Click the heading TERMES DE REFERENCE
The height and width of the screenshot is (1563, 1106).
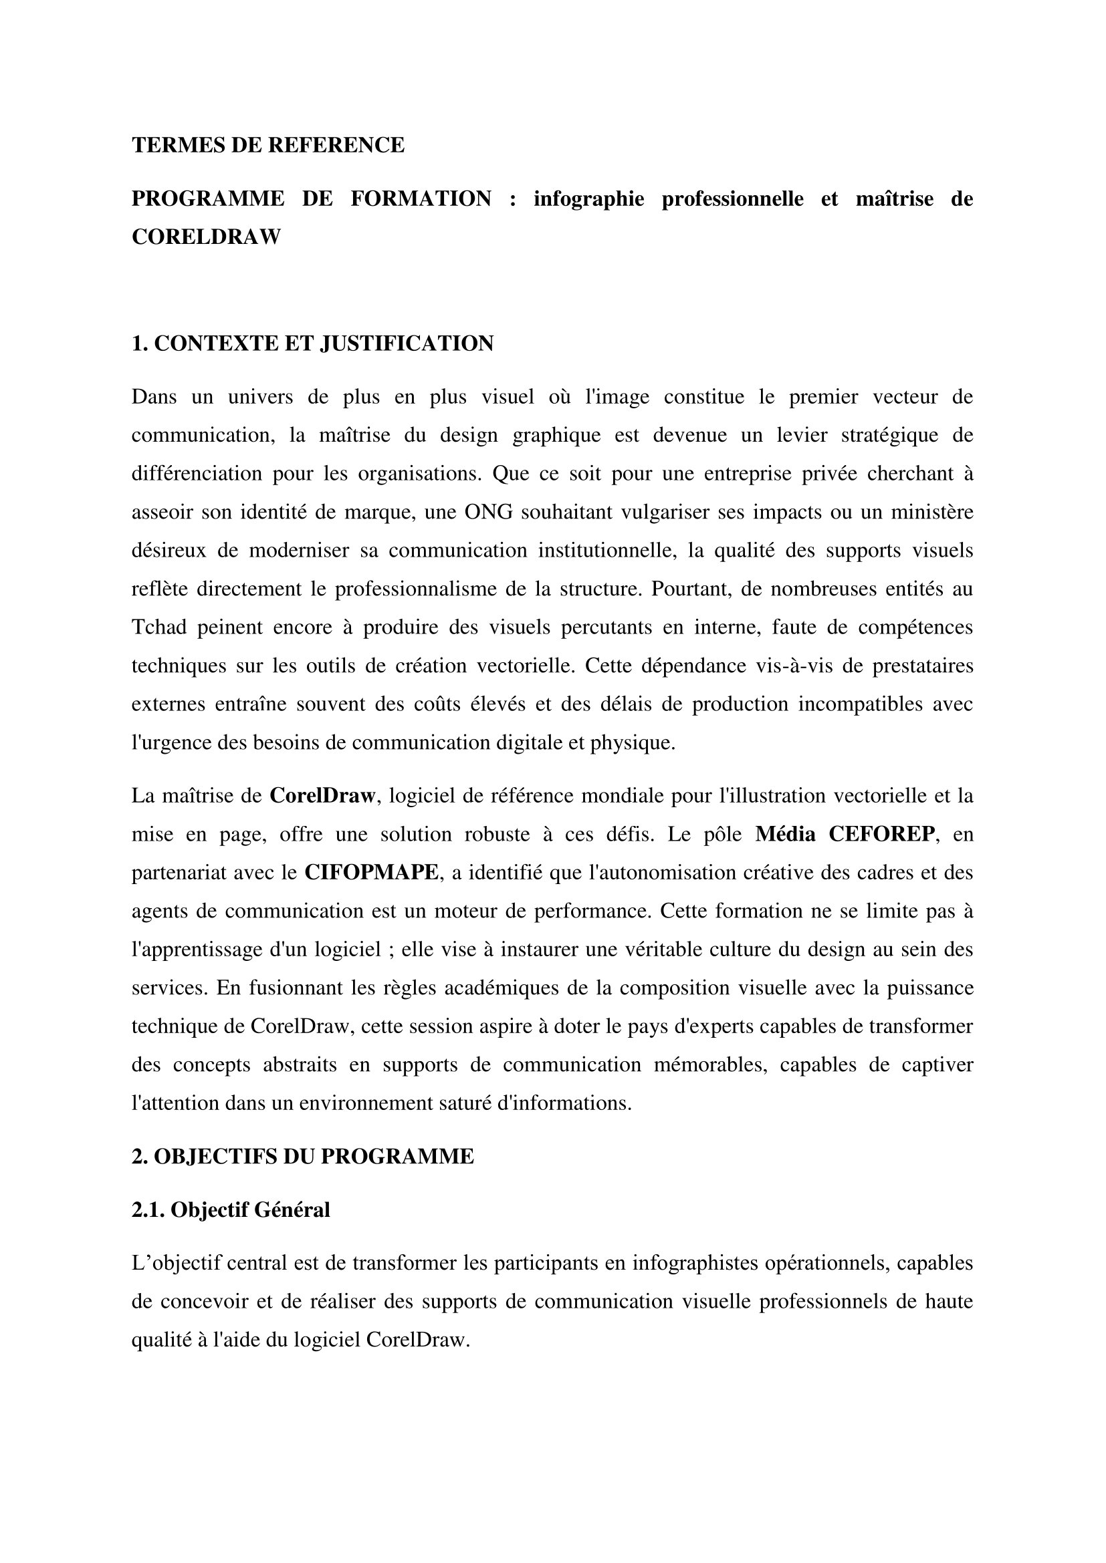(267, 145)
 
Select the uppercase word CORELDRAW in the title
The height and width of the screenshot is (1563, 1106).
(206, 237)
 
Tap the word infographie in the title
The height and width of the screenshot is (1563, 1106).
(588, 198)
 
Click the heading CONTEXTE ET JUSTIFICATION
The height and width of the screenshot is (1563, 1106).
(312, 343)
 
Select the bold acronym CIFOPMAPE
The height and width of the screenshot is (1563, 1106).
(371, 873)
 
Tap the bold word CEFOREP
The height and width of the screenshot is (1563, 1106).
(882, 835)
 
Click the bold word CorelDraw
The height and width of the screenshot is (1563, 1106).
(322, 796)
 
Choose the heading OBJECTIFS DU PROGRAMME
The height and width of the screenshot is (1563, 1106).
(302, 1157)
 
